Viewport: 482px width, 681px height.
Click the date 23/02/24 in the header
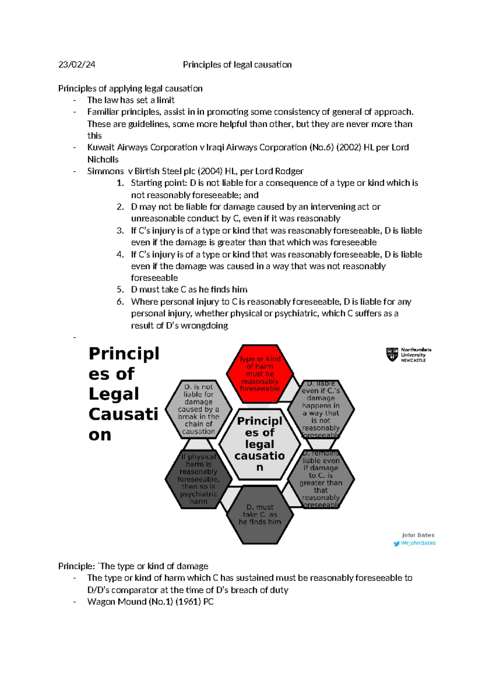(77, 65)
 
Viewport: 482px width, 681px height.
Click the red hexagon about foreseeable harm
(259, 374)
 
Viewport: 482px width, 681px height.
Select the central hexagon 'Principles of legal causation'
(259, 444)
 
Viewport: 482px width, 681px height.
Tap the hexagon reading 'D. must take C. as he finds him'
(259, 514)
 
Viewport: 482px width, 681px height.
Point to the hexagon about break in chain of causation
(198, 409)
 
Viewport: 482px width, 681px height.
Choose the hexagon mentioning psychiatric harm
(198, 479)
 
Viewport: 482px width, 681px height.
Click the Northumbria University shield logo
(392, 355)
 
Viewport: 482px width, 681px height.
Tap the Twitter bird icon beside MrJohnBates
(397, 543)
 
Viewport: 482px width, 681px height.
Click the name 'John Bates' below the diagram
(418, 535)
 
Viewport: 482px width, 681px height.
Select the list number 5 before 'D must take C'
(120, 290)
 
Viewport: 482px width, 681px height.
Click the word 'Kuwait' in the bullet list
(100, 147)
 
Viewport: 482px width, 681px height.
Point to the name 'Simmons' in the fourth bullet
(105, 171)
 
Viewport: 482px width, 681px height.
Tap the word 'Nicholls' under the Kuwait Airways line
(103, 159)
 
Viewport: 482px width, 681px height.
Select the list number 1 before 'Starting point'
(120, 183)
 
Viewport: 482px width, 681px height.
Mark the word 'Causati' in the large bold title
(123, 414)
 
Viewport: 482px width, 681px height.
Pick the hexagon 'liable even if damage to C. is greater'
(321, 479)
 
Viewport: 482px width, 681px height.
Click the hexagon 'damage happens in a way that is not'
(321, 409)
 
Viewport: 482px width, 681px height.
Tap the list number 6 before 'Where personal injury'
(120, 302)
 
